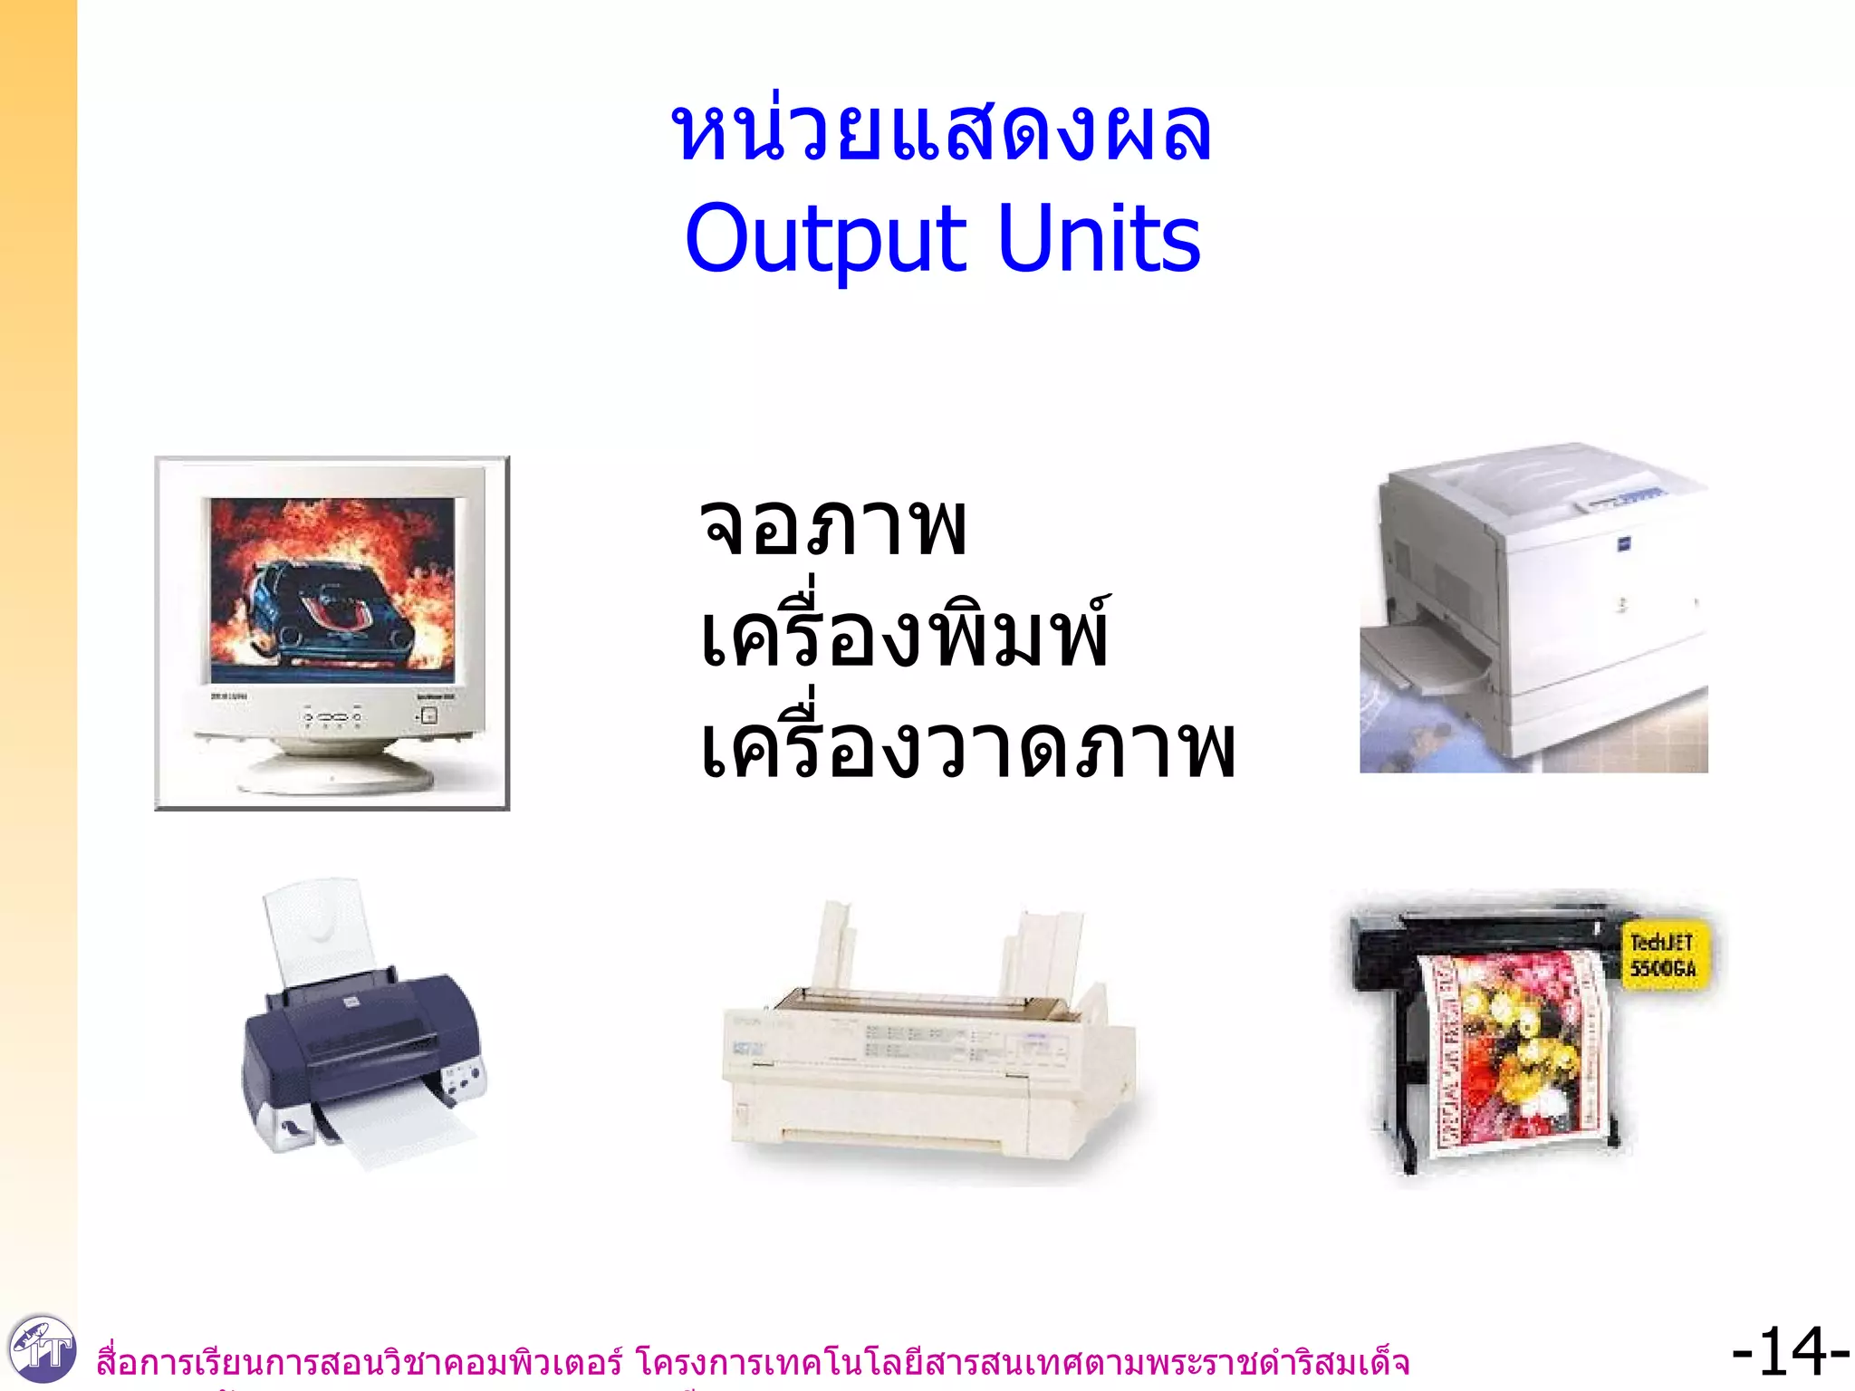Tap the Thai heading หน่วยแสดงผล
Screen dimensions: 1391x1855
click(x=941, y=134)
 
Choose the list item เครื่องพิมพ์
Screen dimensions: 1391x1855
click(x=904, y=634)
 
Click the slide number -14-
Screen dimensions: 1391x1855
click(x=1789, y=1352)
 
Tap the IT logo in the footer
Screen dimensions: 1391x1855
click(x=41, y=1350)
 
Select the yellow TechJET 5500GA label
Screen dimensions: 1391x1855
click(x=1662, y=955)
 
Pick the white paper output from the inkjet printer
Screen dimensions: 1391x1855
click(x=399, y=1127)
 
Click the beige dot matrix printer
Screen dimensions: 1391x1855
click(x=928, y=1060)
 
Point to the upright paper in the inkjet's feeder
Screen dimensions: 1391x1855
click(x=317, y=933)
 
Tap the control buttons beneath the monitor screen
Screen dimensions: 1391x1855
click(x=333, y=717)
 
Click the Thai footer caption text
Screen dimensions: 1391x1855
click(x=752, y=1362)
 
